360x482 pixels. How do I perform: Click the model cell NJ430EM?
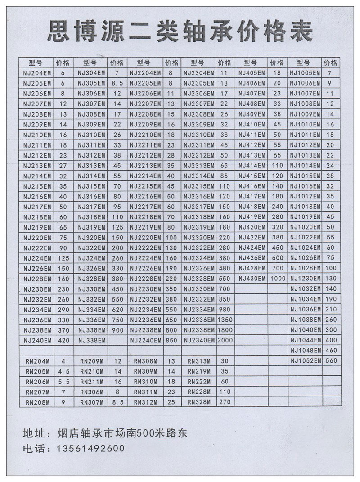[x=252, y=279]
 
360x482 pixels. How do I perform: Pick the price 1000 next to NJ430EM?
[x=278, y=279]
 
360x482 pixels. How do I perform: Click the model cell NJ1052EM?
[x=305, y=361]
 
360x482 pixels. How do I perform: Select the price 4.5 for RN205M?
[x=63, y=371]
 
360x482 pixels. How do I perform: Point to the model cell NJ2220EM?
[x=145, y=237]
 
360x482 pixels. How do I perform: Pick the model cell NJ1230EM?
[x=305, y=279]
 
